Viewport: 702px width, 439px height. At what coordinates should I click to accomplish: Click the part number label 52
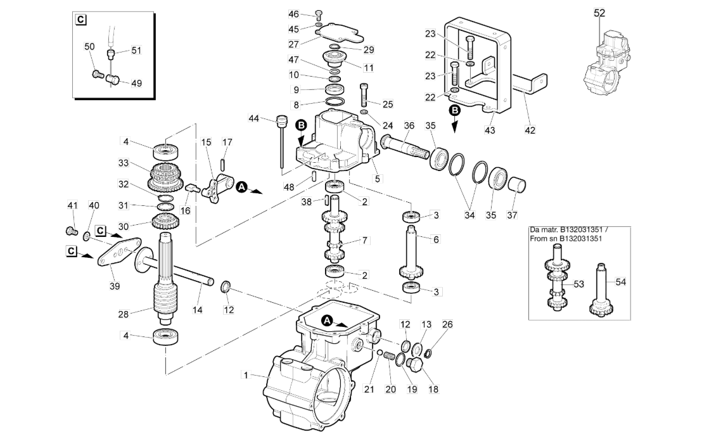point(599,13)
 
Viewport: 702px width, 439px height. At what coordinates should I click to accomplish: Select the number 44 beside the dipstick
point(254,118)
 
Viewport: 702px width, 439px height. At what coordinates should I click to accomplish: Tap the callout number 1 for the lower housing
point(245,374)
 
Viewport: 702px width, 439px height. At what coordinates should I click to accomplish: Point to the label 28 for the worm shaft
point(123,314)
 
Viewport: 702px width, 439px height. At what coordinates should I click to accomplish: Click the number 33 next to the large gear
point(124,163)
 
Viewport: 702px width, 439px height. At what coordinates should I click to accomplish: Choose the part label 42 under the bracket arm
point(530,130)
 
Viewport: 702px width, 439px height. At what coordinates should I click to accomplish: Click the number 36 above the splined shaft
point(409,126)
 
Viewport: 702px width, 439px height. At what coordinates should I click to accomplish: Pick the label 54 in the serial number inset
point(620,281)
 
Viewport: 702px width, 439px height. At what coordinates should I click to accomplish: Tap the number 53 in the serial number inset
point(579,284)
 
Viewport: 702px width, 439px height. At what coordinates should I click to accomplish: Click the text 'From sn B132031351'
point(566,239)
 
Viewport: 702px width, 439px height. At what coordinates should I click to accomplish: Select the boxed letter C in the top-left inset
point(80,20)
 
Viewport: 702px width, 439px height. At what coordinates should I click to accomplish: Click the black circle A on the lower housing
point(328,319)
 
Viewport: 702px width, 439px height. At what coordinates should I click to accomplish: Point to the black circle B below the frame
point(454,110)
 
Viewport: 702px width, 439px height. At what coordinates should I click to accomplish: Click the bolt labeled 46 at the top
point(318,14)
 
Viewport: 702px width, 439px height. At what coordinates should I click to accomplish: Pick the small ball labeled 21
point(380,353)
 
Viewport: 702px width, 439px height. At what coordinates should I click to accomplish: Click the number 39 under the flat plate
point(115,286)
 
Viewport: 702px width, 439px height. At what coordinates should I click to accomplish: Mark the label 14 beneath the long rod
point(198,310)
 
